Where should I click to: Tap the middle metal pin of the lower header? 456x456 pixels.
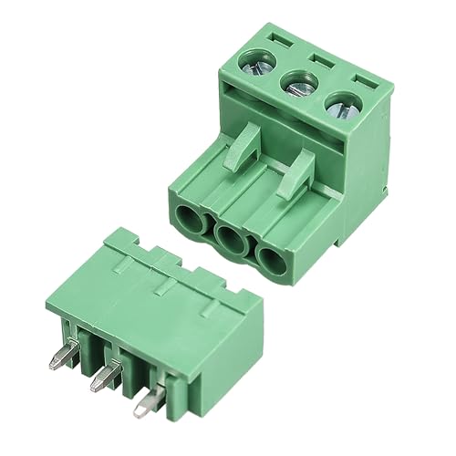102,376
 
